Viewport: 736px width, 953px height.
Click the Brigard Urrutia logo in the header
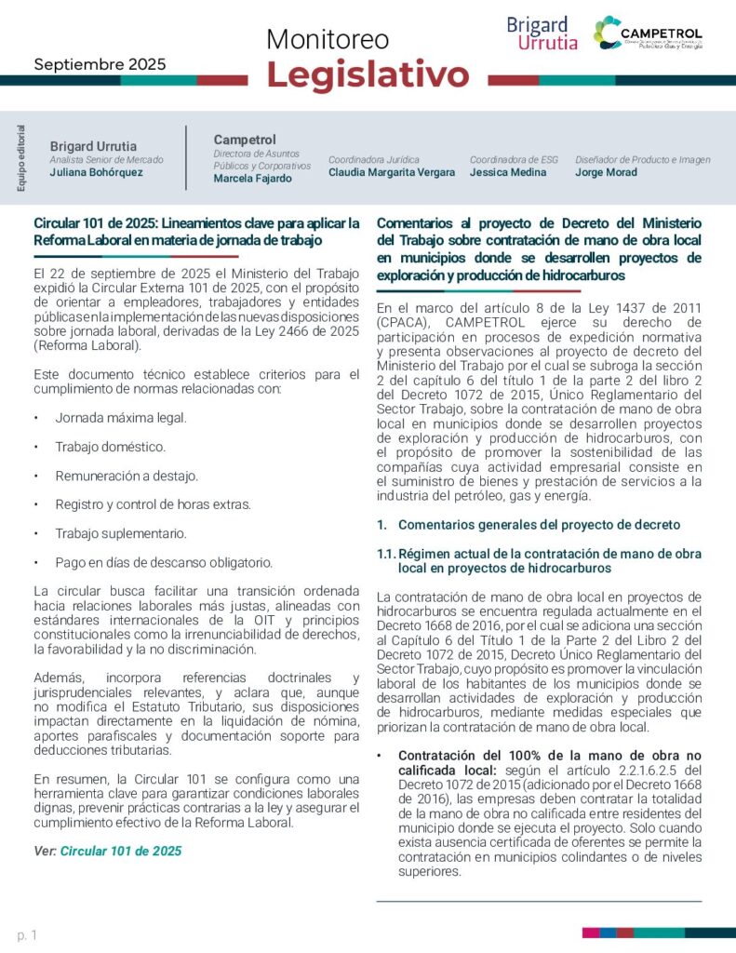[x=542, y=34]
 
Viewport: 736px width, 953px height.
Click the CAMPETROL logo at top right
[x=648, y=34]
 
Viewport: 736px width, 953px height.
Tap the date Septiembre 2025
[x=100, y=64]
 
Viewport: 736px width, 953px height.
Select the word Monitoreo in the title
[x=328, y=39]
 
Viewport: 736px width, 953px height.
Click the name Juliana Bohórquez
[x=97, y=172]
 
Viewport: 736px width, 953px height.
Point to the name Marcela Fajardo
[x=252, y=179]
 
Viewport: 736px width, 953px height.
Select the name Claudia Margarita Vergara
[x=392, y=172]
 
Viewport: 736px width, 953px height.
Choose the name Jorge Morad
[x=607, y=172]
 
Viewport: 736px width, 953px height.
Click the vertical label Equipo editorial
[x=21, y=157]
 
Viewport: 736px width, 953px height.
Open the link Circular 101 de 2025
[x=121, y=851]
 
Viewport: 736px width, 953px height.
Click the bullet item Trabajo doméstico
[x=110, y=447]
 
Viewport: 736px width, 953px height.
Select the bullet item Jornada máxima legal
[x=121, y=418]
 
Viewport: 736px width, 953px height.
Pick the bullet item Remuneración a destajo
[x=127, y=476]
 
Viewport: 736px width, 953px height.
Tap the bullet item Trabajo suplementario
[x=120, y=533]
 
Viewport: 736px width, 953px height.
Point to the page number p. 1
[x=27, y=934]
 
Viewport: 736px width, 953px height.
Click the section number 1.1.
[x=386, y=554]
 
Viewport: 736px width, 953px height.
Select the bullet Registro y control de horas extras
[x=153, y=504]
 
